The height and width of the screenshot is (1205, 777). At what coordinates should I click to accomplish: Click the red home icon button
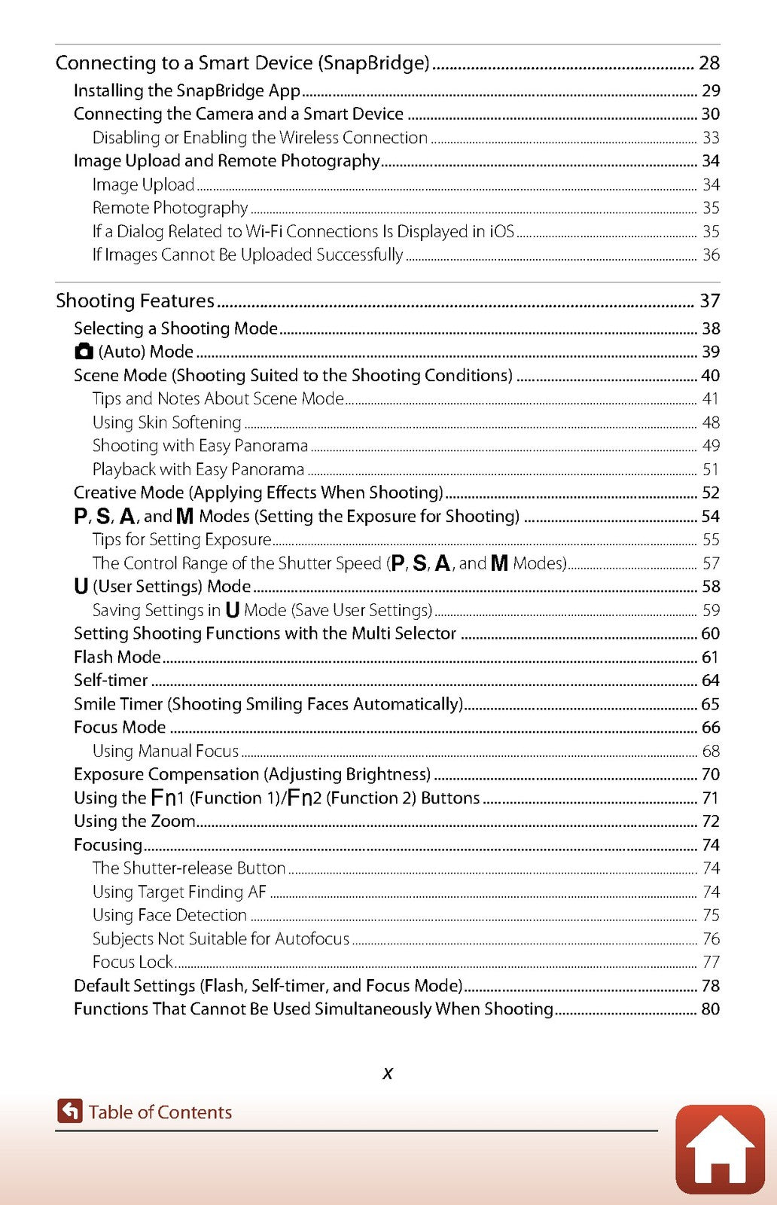click(720, 1149)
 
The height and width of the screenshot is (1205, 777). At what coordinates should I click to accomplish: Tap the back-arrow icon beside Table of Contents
click(69, 1111)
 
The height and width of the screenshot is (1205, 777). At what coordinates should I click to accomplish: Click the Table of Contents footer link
click(160, 1112)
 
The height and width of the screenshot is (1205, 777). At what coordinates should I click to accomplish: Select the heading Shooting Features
click(136, 301)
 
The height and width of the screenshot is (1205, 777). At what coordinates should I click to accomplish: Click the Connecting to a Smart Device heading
click(242, 63)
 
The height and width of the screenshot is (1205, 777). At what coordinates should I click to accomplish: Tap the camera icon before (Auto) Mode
click(84, 352)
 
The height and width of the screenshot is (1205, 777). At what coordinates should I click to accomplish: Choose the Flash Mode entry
click(117, 657)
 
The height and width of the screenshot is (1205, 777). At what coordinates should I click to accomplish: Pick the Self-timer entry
click(111, 681)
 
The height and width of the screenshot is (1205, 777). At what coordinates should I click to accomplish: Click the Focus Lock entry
click(133, 962)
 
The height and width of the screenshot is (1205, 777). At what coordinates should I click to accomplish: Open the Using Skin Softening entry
click(166, 423)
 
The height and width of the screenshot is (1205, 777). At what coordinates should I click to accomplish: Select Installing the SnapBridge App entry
click(187, 91)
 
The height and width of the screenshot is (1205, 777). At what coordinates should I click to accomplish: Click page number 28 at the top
click(709, 63)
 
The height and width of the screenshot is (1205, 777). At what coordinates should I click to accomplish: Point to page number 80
click(710, 1009)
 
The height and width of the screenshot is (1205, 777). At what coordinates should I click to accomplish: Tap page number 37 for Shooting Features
click(709, 301)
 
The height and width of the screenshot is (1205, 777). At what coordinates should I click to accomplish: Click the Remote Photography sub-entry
click(170, 208)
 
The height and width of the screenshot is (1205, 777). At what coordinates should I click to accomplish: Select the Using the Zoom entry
click(134, 822)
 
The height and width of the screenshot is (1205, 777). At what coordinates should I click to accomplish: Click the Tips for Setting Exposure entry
click(181, 540)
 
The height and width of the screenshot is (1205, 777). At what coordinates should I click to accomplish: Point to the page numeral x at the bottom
click(388, 1073)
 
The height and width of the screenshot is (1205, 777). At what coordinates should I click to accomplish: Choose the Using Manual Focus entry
click(166, 752)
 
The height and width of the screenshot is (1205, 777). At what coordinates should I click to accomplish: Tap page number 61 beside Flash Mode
click(710, 657)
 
